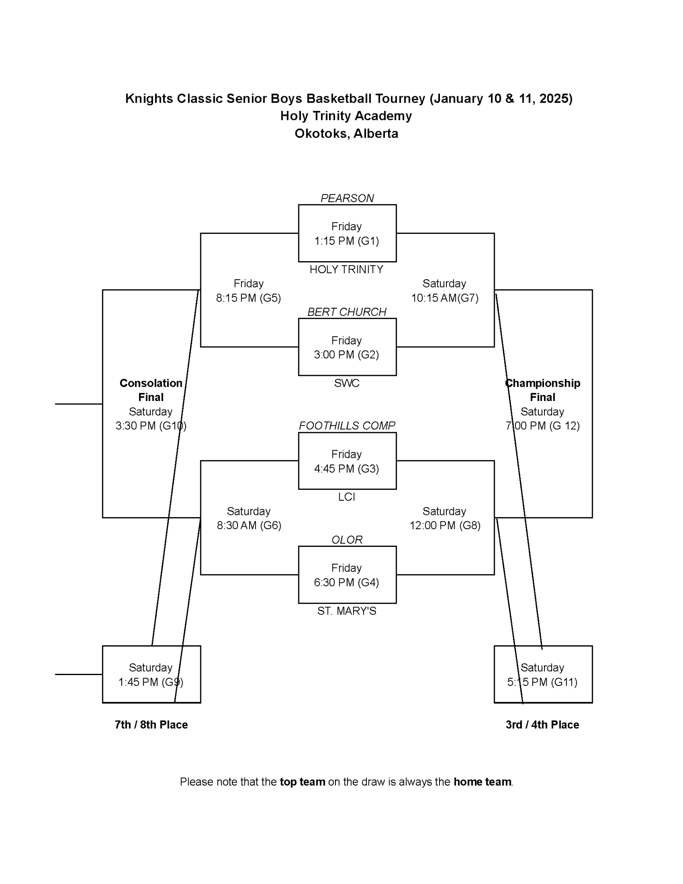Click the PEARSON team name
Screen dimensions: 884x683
click(x=347, y=198)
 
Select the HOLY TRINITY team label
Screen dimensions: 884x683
click(x=346, y=269)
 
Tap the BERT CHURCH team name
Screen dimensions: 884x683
click(x=347, y=312)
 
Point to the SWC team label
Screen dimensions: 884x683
click(x=346, y=383)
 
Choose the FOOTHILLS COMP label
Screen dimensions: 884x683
click(x=347, y=426)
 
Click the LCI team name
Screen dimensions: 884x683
click(x=346, y=497)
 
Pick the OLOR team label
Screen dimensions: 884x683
click(x=347, y=540)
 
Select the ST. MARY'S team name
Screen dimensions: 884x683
click(x=346, y=611)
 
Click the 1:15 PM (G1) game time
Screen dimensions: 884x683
click(x=346, y=241)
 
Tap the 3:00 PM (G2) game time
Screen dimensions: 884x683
click(x=346, y=354)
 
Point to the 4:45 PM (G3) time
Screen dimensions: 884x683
click(x=346, y=468)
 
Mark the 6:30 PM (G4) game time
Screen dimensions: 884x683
click(x=346, y=582)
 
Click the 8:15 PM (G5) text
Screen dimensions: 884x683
click(x=248, y=298)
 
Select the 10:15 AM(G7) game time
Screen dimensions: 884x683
click(x=444, y=298)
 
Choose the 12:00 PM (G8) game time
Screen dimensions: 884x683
click(x=444, y=525)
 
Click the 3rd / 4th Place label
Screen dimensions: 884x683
click(x=542, y=725)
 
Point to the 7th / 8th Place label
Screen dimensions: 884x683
click(x=151, y=725)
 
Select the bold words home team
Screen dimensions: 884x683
click(x=482, y=782)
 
